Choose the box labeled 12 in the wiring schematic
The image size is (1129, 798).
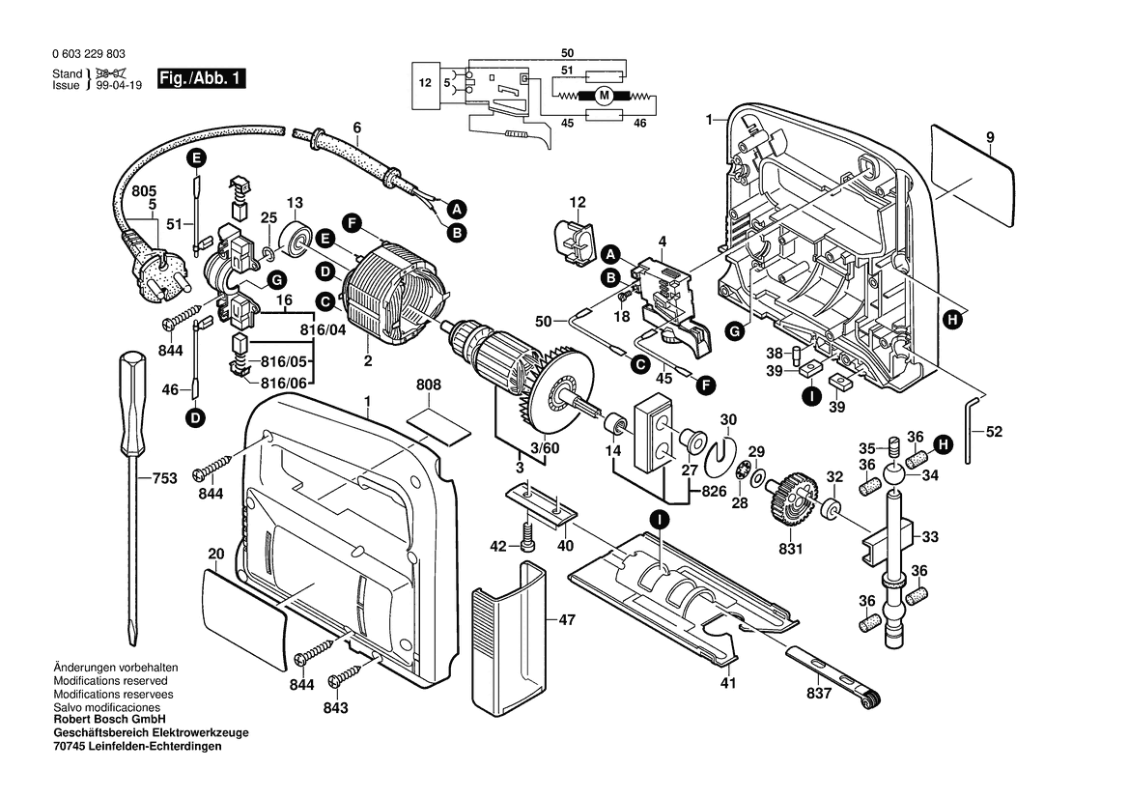pyautogui.click(x=425, y=83)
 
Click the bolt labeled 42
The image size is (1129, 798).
pyautogui.click(x=529, y=536)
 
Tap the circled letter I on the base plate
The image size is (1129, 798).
pyautogui.click(x=659, y=520)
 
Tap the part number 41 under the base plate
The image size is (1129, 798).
pyautogui.click(x=727, y=683)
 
